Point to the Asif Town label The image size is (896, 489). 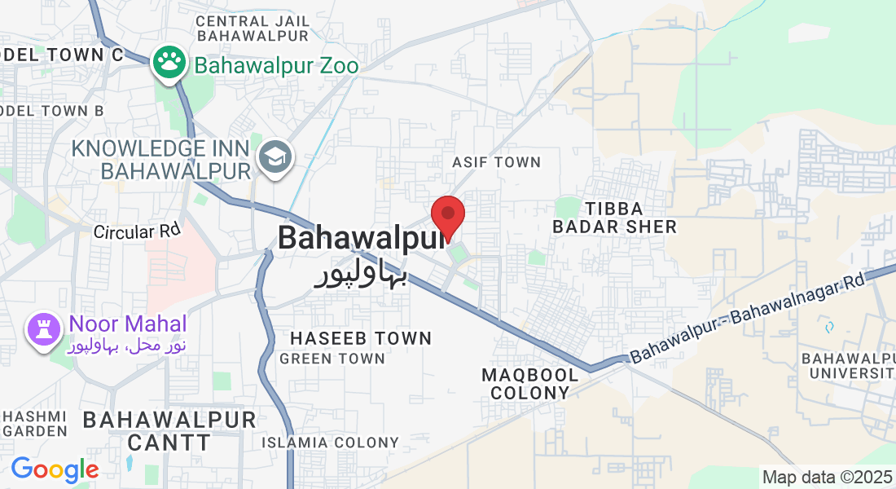pos(496,162)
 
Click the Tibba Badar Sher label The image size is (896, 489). pos(614,218)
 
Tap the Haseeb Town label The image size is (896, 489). pos(360,337)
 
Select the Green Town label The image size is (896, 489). pos(332,359)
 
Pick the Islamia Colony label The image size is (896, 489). pos(330,443)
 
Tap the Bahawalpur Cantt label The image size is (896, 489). pos(169,431)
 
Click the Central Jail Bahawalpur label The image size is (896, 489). pos(253,28)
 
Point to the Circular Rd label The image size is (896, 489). pos(136,231)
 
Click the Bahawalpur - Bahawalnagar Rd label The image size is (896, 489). pos(746,318)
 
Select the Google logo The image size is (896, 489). pos(55,469)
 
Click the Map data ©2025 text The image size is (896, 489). pos(826,477)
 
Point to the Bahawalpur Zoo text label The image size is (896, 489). pos(276,66)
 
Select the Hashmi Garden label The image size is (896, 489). pos(33,422)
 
